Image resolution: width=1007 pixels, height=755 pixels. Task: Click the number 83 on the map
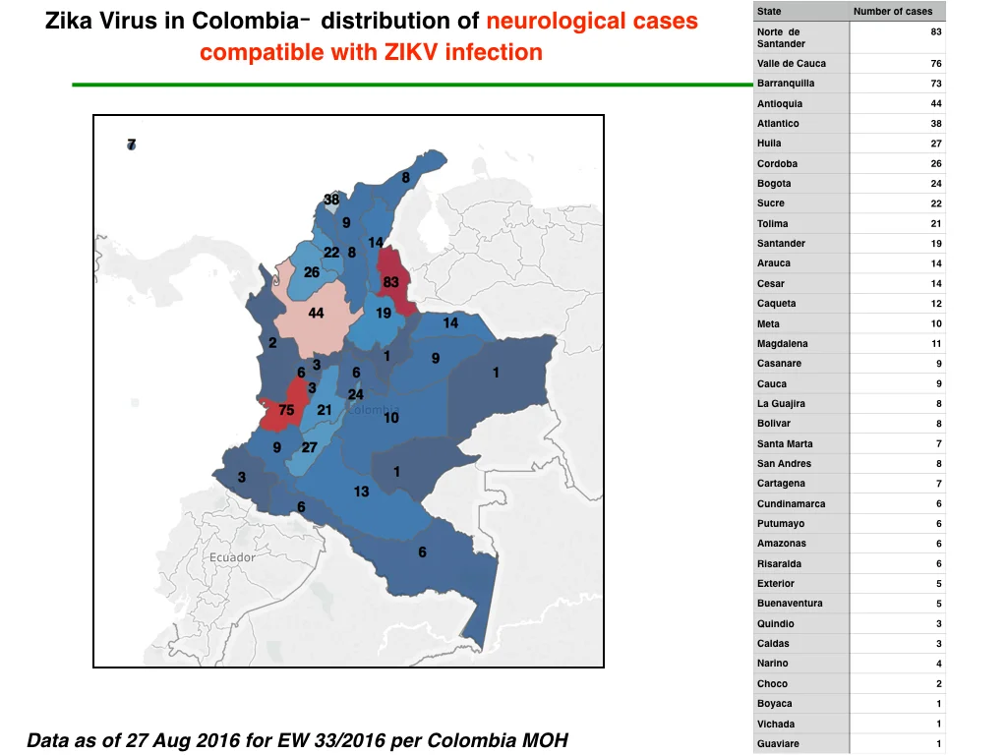click(x=390, y=282)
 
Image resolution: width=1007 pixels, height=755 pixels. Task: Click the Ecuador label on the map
click(x=232, y=557)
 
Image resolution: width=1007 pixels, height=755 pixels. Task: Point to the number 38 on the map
click(x=331, y=199)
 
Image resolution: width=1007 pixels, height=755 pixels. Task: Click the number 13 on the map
click(x=361, y=492)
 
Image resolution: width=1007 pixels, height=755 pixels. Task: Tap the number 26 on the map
click(x=312, y=272)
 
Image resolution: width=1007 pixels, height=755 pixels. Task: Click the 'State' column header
click(x=769, y=12)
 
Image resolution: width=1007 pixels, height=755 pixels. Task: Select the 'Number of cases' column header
click(x=893, y=12)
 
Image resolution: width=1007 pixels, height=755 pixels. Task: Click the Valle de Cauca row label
click(x=792, y=64)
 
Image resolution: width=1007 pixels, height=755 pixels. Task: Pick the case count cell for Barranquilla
click(x=936, y=84)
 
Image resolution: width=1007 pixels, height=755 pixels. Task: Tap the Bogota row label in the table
click(x=774, y=184)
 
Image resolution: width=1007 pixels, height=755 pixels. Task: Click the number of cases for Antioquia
click(x=936, y=103)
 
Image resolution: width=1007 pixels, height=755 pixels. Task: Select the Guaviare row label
click(x=778, y=744)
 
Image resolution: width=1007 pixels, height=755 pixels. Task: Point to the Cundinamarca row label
click(x=792, y=504)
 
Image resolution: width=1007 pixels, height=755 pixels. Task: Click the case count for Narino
click(x=939, y=664)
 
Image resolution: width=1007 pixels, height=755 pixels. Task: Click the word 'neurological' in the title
click(x=547, y=22)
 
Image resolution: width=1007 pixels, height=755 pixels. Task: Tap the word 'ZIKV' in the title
click(x=410, y=52)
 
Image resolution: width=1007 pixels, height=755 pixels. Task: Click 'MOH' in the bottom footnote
click(x=545, y=740)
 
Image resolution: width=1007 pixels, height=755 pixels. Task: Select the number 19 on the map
click(x=384, y=314)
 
